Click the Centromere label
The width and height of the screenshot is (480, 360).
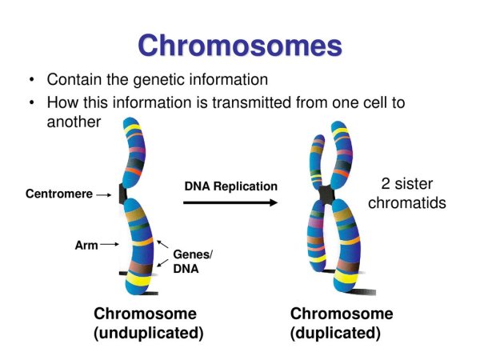tap(58, 194)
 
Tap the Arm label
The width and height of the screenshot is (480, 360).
tap(86, 246)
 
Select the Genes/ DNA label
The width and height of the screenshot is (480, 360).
tap(193, 262)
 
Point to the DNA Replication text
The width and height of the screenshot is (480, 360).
tap(230, 186)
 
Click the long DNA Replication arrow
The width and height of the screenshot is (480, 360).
tap(231, 203)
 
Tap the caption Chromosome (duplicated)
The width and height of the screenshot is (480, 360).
tap(342, 322)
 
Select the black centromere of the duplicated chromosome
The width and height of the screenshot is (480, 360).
tap(326, 194)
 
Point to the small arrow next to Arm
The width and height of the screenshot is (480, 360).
tap(110, 246)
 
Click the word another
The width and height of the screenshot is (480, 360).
tap(74, 122)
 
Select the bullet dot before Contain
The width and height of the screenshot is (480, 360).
tap(30, 81)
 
